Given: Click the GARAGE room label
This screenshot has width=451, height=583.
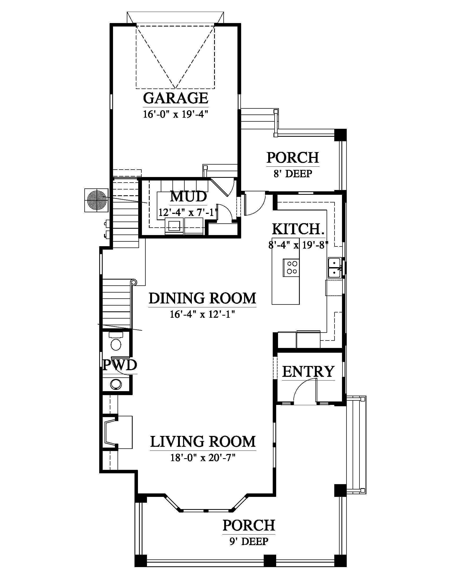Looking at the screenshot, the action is tap(176, 98).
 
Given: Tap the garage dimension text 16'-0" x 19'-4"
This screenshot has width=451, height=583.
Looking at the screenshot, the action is tap(176, 114).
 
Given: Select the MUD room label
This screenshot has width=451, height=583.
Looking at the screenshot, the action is tap(189, 197).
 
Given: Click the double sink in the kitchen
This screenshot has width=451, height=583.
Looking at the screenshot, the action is tap(334, 268).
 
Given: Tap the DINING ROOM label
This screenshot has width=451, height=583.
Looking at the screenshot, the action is tap(202, 298).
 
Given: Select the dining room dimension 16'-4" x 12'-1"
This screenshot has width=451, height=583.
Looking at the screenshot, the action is tap(202, 315).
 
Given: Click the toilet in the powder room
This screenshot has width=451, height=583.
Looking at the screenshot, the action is tap(116, 342).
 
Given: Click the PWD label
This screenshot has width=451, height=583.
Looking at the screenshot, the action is tap(120, 365).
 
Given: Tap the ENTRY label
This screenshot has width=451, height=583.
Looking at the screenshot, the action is tap(308, 372).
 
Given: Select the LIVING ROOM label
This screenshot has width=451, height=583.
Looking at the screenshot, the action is tap(203, 442).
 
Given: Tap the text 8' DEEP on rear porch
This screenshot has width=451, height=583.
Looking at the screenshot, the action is tap(293, 174).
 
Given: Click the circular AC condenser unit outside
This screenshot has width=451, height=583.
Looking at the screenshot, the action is tap(96, 200).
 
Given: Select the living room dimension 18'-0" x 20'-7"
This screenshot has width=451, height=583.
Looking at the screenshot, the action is tap(203, 458).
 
